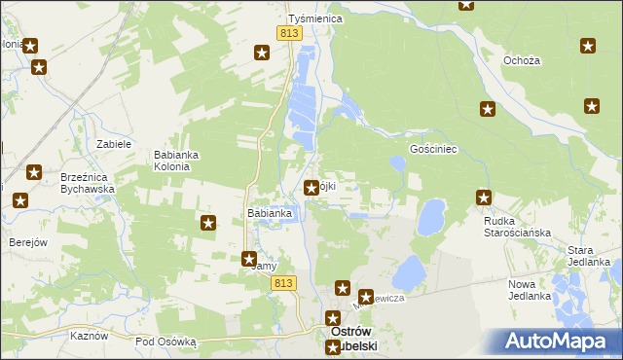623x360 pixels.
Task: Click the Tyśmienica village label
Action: tap(311, 18)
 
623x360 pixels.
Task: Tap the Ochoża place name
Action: tap(521, 60)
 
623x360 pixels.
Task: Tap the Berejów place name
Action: tap(28, 242)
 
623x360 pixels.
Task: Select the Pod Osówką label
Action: tap(165, 342)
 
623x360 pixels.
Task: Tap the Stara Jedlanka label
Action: tap(588, 256)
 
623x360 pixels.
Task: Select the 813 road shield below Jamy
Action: tap(283, 282)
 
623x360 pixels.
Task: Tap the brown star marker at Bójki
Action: tap(311, 188)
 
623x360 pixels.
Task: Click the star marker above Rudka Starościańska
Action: tap(484, 198)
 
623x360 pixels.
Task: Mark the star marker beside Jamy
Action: tap(249, 258)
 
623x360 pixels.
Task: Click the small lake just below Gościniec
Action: tap(397, 164)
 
